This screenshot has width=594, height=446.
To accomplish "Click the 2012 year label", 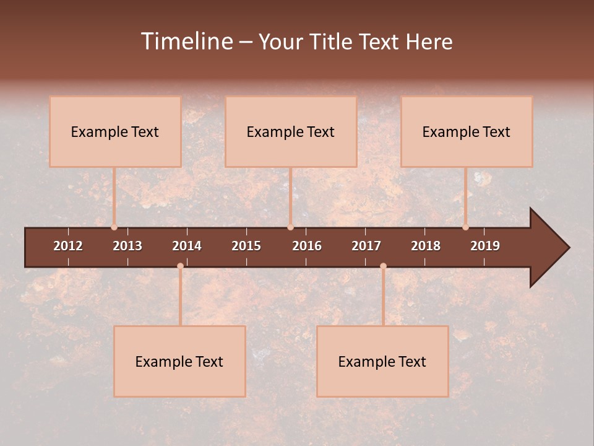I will tap(68, 246).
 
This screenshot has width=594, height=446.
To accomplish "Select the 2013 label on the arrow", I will tap(127, 246).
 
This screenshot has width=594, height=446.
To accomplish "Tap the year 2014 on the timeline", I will tap(187, 246).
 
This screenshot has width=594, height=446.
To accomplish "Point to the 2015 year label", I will tap(246, 246).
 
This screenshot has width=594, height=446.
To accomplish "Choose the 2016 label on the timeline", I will tap(307, 246).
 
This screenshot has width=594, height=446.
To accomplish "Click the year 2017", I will tap(366, 246).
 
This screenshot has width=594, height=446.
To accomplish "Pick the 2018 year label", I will tap(426, 246).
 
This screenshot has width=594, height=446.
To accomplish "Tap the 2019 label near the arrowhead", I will tap(485, 246).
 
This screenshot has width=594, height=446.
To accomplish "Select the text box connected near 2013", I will tap(115, 131).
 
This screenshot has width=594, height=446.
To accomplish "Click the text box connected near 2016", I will tap(291, 131).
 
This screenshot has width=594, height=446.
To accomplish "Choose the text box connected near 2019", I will tap(467, 131).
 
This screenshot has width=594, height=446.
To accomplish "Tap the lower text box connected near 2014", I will tap(179, 361).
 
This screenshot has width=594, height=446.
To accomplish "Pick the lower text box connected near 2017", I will tap(382, 361).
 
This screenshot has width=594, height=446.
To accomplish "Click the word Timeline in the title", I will tap(187, 42).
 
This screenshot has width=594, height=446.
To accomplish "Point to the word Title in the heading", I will tap(331, 42).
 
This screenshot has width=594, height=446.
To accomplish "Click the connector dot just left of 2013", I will tap(114, 227).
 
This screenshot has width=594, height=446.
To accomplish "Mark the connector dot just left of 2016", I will tap(290, 227).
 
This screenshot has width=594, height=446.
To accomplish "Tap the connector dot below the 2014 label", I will tap(180, 266).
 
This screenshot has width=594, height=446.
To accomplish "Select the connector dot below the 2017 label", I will tap(383, 266).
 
